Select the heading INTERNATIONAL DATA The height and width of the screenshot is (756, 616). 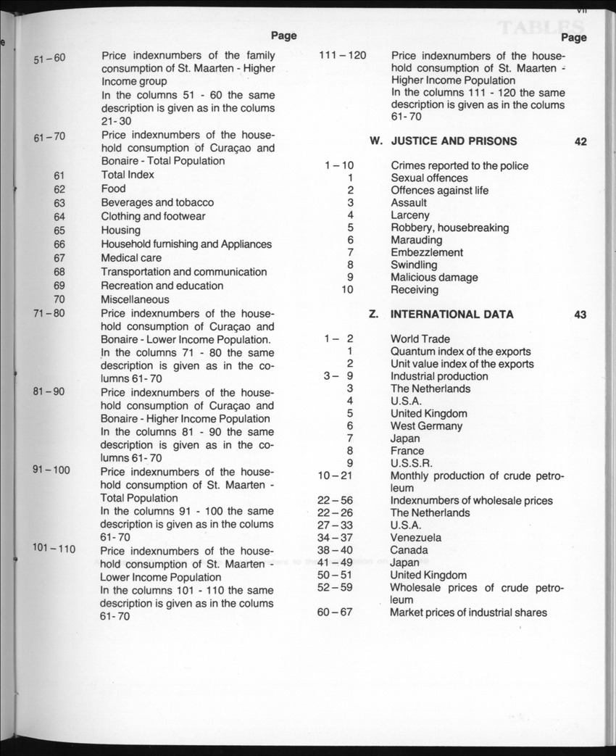coord(451,315)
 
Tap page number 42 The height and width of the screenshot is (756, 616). coord(580,142)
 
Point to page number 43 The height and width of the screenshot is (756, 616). coord(580,315)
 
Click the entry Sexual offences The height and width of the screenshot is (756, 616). coord(429,178)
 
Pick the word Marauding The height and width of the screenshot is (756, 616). coord(416,240)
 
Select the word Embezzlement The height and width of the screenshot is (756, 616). coord(427,252)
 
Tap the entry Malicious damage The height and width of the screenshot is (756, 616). coord(434,278)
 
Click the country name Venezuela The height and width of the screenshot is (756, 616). coord(415,538)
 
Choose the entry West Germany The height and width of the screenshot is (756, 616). coord(426,426)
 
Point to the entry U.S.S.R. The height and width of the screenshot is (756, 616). coord(410,463)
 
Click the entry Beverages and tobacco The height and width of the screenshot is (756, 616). coord(157,202)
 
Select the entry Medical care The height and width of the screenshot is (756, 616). coord(131,258)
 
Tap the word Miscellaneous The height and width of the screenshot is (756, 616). coord(135,299)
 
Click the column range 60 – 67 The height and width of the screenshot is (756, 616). coord(335,612)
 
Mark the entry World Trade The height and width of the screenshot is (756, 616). coord(420,339)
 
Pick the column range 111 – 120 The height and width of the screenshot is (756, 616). coord(342,55)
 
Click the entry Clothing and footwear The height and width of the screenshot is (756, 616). coord(153,216)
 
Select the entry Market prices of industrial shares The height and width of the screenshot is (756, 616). coord(468,612)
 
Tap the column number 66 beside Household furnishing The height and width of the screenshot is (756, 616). coord(59,244)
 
